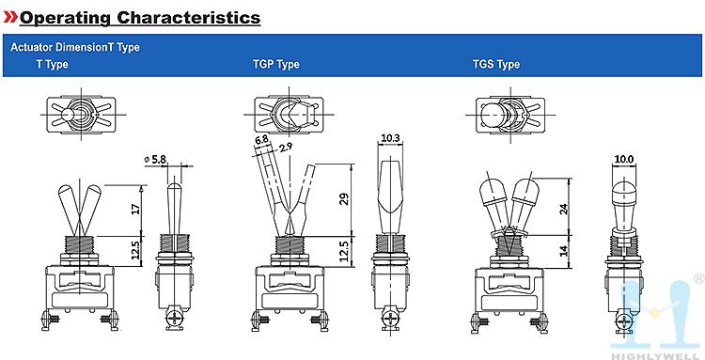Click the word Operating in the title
pyautogui.click(x=65, y=18)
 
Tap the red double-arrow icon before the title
pyautogui.click(x=10, y=17)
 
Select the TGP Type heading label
pyautogui.click(x=276, y=64)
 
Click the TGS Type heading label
pyautogui.click(x=496, y=64)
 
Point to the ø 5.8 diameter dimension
pyautogui.click(x=155, y=159)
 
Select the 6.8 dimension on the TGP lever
pyautogui.click(x=261, y=140)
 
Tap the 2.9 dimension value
pyautogui.click(x=286, y=148)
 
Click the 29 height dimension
pyautogui.click(x=344, y=199)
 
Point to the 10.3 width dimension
pyautogui.click(x=390, y=139)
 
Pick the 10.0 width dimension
pyautogui.click(x=624, y=159)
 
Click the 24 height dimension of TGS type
pyautogui.click(x=564, y=209)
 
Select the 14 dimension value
pyautogui.click(x=564, y=250)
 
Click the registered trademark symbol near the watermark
pyautogui.click(x=699, y=278)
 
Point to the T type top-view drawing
pyautogui.click(x=81, y=114)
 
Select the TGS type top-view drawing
pyautogui.click(x=509, y=115)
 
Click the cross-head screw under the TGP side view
pyautogui.click(x=390, y=320)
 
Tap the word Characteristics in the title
pyautogui.click(x=189, y=18)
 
